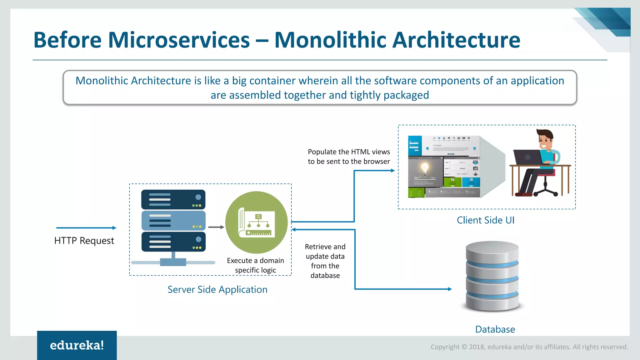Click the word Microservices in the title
179,40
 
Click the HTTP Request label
84,241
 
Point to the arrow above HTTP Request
86,228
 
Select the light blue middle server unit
173,221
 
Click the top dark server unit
173,199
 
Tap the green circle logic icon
257,222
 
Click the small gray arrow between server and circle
216,227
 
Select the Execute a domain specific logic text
255,265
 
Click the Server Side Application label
217,289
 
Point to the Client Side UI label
485,220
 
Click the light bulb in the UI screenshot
425,168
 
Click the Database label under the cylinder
495,329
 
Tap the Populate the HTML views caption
349,157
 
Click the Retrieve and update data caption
325,261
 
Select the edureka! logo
77,345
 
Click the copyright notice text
529,347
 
